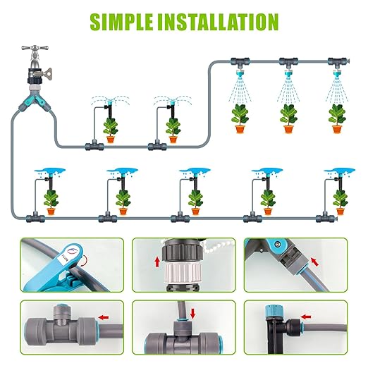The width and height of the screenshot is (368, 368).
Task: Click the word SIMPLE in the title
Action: (x=124, y=21)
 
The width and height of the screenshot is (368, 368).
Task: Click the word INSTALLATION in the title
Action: (x=225, y=21)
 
